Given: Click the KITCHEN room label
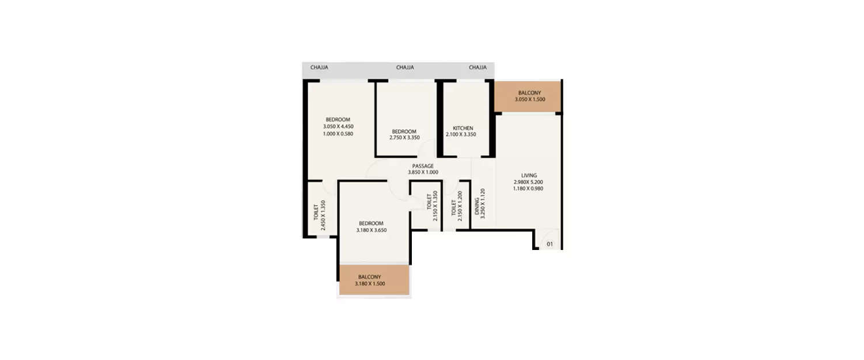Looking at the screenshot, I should pos(463,128).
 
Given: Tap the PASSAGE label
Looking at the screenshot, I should pos(423,166).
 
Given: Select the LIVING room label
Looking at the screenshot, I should pos(529,175).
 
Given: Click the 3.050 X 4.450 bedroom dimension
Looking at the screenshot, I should pos(338,126).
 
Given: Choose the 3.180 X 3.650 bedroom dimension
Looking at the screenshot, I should pos(371,230).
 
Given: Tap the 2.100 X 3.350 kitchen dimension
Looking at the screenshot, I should pos(461,135).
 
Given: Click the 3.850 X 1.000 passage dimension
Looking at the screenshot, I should pos(423,172).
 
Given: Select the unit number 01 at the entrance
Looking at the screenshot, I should pos(550,244).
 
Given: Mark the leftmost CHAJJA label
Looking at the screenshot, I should pos(319,67).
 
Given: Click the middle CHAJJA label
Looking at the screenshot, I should pos(405,67).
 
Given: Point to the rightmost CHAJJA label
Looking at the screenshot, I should pos(478,67).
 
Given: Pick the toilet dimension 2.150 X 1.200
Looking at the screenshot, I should pos(460,206).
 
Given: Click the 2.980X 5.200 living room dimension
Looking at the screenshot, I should pos(528,182).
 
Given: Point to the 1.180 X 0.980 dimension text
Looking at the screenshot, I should pos(528,188).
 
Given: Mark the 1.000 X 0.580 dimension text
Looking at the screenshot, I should pos(338,134).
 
